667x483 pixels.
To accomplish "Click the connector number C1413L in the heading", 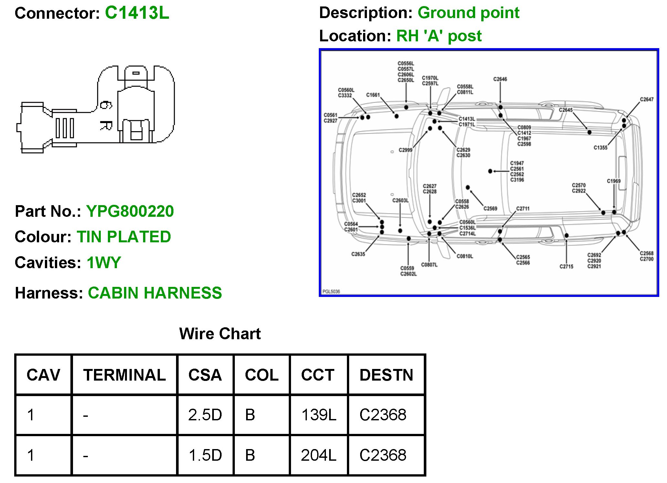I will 137,13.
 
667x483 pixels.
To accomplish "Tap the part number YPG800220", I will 130,211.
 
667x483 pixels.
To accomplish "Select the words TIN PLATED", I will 124,237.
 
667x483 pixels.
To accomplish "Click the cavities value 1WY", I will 104,262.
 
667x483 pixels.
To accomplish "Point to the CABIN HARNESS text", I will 155,293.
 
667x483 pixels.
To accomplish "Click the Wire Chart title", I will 220,333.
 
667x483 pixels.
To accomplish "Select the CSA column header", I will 205,375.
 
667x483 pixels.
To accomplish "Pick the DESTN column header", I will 386,375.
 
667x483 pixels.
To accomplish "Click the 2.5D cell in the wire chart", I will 205,415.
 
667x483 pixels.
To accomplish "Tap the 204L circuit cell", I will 318,455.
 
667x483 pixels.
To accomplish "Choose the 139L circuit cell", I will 318,415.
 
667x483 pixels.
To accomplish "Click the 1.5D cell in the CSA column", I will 205,455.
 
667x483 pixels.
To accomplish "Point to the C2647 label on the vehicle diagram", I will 646,100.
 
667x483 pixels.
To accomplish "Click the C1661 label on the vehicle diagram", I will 373,95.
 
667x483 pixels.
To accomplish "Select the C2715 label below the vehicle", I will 566,267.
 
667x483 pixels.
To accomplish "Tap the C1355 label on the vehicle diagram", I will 600,148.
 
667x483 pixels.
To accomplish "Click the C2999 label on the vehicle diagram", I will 405,150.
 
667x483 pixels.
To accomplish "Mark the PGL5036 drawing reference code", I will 331,291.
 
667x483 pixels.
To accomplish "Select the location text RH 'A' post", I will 439,36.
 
